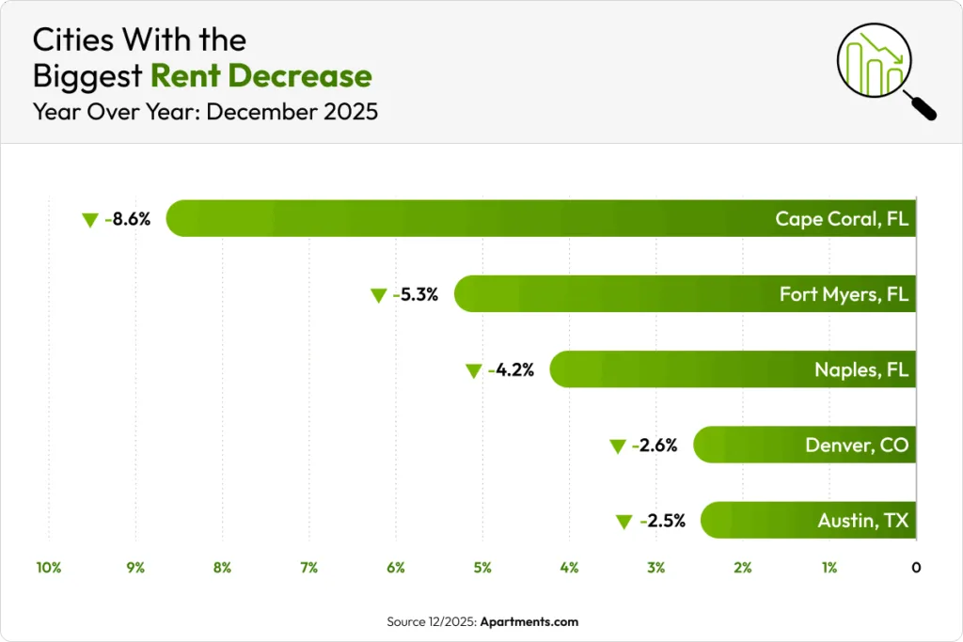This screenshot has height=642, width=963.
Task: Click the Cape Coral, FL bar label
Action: click(x=842, y=219)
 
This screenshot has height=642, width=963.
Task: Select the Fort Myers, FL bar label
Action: click(x=844, y=294)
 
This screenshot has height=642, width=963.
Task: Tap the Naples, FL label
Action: click(x=861, y=369)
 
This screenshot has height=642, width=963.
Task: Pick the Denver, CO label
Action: click(x=857, y=445)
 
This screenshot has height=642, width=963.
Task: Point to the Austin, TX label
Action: click(x=862, y=520)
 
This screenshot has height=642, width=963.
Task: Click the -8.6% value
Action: click(x=128, y=220)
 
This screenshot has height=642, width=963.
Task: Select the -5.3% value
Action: click(x=416, y=295)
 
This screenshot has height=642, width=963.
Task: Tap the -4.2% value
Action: click(x=512, y=370)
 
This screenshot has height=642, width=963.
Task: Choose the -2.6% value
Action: click(x=655, y=446)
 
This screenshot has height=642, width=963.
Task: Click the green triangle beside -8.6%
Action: click(x=90, y=221)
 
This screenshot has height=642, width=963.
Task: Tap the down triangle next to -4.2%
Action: click(x=474, y=371)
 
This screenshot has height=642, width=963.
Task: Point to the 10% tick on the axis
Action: click(x=49, y=568)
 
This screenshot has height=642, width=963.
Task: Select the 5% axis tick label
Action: click(x=482, y=568)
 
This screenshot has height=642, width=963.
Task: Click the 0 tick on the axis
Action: click(x=916, y=568)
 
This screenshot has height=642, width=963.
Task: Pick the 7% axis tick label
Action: click(x=308, y=568)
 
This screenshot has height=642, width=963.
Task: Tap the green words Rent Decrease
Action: click(x=260, y=76)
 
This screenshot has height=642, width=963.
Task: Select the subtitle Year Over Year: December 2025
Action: click(x=205, y=112)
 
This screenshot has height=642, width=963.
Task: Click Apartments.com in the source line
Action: click(x=529, y=622)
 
